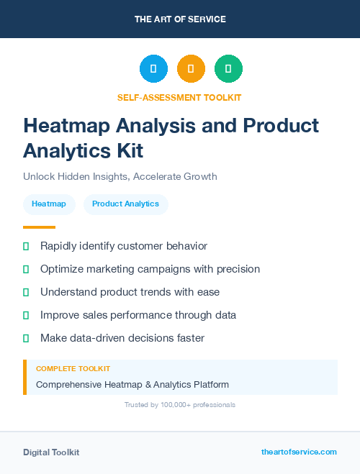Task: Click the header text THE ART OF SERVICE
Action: point(180,19)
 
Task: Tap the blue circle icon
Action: point(153,69)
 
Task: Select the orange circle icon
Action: point(191,69)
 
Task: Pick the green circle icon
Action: point(228,69)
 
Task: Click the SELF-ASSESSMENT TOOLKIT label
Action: point(179,97)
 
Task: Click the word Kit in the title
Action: point(129,150)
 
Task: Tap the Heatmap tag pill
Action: point(49,204)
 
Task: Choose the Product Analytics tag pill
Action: point(125,204)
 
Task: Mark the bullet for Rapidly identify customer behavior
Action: point(26,246)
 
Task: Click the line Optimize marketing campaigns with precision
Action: point(150,269)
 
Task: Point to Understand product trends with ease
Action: point(130,292)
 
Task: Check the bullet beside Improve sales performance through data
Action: point(26,315)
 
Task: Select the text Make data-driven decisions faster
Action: point(122,338)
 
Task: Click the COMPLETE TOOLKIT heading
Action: point(73,368)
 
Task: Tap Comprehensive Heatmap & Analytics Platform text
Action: point(132,385)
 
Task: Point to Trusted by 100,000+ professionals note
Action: point(180,405)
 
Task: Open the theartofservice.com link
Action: point(299,452)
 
